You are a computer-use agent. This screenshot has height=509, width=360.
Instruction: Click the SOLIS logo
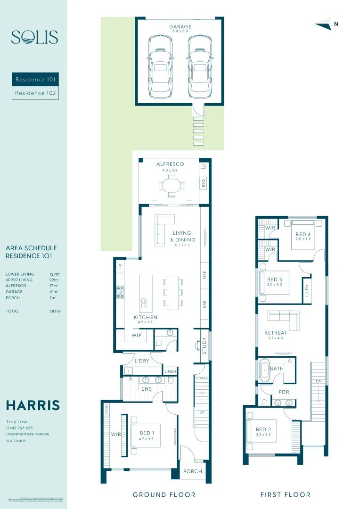(34, 37)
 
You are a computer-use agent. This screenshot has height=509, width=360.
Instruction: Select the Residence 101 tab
(35, 80)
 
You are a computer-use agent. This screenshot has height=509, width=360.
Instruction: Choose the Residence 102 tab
(35, 93)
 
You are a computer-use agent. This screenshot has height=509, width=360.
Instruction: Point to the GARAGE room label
(180, 27)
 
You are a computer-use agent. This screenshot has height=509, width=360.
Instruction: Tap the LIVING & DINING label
(182, 236)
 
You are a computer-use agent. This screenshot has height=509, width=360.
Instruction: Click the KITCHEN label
(145, 317)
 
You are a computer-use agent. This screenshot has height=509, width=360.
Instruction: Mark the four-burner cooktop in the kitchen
(120, 292)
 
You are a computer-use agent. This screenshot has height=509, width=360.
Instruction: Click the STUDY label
(204, 345)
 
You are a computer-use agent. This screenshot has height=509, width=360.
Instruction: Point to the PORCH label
(192, 471)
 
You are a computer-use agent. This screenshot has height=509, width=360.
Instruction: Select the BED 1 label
(146, 433)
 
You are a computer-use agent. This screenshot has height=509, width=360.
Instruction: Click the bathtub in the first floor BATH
(264, 370)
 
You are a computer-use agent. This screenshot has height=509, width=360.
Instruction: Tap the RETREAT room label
(276, 333)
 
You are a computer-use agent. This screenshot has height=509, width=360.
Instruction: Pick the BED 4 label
(303, 234)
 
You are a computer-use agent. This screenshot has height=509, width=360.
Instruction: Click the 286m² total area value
(55, 311)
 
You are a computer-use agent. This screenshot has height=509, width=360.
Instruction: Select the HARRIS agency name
(33, 405)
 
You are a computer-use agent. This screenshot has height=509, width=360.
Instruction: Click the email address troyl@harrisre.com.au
(27, 434)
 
